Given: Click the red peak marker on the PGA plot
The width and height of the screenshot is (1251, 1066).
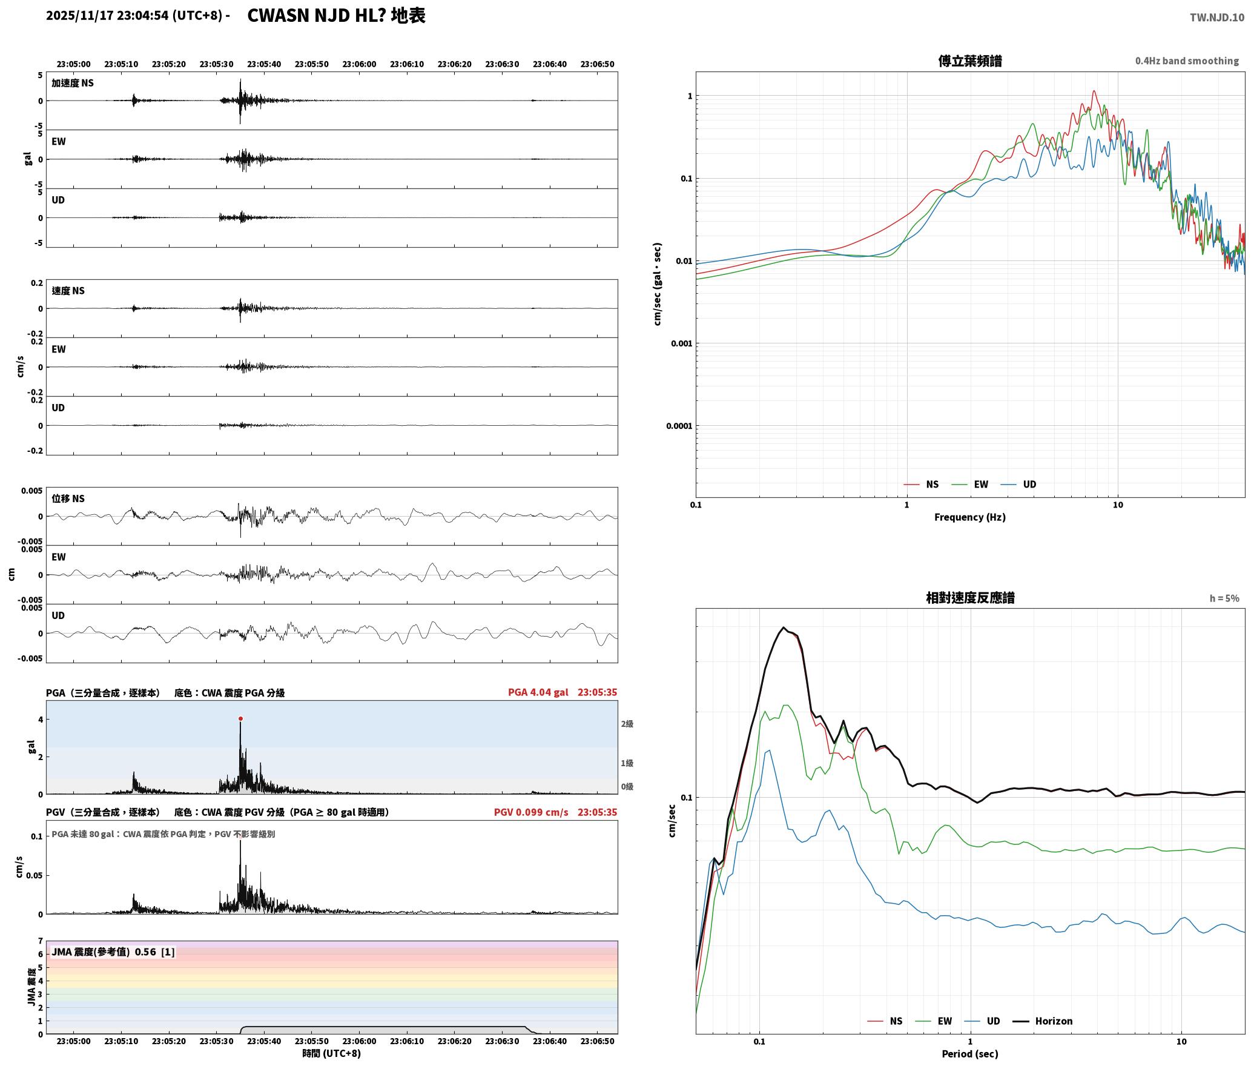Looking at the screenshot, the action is coord(240,718).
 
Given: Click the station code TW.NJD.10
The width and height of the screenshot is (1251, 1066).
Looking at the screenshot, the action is coord(1217,18).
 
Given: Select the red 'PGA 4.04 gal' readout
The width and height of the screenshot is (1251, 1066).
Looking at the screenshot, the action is coord(538,692).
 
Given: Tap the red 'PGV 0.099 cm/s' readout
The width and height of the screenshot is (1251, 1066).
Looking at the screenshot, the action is coord(531,812).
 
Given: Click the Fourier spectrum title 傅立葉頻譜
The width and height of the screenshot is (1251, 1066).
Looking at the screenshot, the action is coord(970,61).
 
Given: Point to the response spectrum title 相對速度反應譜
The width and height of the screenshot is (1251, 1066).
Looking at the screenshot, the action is coord(970,598).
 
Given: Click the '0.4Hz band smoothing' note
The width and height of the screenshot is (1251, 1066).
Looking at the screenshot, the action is coord(1187,61).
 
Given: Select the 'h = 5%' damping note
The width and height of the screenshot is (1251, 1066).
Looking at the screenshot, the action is coord(1224,598).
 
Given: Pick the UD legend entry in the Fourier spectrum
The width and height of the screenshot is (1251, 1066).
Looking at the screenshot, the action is coord(1018,485).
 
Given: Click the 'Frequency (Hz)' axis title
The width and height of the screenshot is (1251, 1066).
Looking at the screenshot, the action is coord(970,517).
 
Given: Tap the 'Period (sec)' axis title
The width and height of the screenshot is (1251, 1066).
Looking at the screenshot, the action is coord(970,1054).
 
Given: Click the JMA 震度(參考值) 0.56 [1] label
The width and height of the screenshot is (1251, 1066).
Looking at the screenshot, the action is coord(113,952).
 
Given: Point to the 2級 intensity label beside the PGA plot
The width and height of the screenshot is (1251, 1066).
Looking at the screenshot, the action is coord(627,724).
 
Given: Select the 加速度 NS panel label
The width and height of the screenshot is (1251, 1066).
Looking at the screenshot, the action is coord(73,83).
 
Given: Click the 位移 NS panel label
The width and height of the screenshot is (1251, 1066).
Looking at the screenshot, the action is coord(68,498).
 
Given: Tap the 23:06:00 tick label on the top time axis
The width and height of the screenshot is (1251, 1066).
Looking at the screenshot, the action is coord(359,64).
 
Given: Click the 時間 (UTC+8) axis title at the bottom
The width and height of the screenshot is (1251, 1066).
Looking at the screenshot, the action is coord(332,1053).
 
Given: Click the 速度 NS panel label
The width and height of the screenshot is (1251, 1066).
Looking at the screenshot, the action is coord(68,291).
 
